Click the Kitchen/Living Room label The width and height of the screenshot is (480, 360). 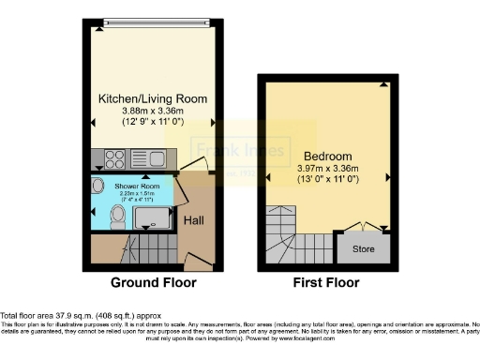tap(154, 98)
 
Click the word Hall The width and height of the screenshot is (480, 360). tap(195, 220)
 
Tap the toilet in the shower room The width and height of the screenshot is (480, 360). tap(115, 217)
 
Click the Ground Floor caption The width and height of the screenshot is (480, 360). tap(154, 282)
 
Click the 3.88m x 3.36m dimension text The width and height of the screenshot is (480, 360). tap(154, 111)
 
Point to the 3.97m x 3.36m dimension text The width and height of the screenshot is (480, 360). tap(327, 168)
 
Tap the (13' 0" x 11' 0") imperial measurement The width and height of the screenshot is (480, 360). tap(327, 179)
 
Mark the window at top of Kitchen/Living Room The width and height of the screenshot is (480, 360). tap(154, 19)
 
